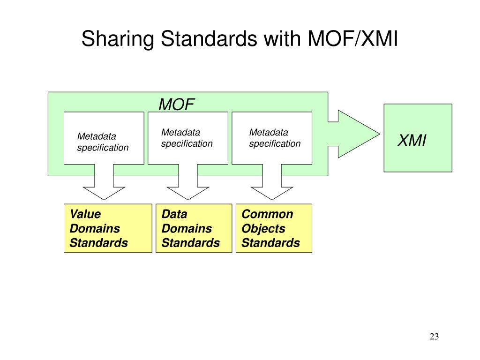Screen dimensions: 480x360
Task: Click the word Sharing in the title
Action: pyautogui.click(x=118, y=39)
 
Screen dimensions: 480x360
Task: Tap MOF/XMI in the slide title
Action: pyautogui.click(x=352, y=38)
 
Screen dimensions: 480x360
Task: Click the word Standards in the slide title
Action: pyautogui.click(x=209, y=38)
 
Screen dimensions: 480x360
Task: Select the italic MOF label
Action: pyautogui.click(x=177, y=105)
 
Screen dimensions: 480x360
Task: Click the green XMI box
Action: pyautogui.click(x=418, y=138)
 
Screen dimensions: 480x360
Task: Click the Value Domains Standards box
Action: pyautogui.click(x=108, y=228)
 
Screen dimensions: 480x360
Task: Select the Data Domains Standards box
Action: pyautogui.click(x=194, y=228)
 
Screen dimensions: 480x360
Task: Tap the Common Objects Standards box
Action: pyautogui.click(x=274, y=228)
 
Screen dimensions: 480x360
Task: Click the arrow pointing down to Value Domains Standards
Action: pyautogui.click(x=104, y=184)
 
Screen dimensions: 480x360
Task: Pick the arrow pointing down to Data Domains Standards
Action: pyautogui.click(x=188, y=184)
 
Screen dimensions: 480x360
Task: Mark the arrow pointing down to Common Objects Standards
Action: pyautogui.click(x=272, y=184)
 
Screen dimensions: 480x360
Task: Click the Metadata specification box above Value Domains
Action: pyautogui.click(x=104, y=138)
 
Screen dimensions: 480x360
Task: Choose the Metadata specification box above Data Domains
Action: pyautogui.click(x=188, y=138)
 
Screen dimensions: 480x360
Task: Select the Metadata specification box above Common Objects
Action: pyautogui.click(x=272, y=138)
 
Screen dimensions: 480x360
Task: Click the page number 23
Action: pyautogui.click(x=434, y=337)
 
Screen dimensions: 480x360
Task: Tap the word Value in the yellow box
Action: pyautogui.click(x=85, y=214)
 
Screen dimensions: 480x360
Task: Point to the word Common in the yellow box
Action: pyautogui.click(x=267, y=214)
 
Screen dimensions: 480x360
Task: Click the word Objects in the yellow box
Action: pyautogui.click(x=263, y=229)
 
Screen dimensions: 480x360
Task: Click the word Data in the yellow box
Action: pyautogui.click(x=174, y=214)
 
